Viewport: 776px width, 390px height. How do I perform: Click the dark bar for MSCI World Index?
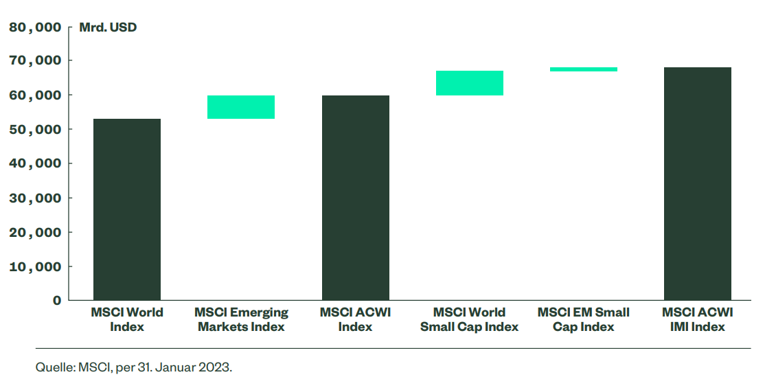pos(127,209)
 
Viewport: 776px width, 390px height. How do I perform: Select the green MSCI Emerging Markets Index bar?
pos(241,107)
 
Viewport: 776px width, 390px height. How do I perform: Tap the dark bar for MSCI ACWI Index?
pos(356,198)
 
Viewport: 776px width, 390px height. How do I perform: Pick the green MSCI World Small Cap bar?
pos(470,83)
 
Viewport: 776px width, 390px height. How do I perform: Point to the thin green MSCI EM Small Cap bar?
pos(584,69)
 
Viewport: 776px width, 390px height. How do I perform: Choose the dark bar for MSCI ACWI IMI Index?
pos(698,183)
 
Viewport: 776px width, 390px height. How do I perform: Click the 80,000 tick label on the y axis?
pos(35,27)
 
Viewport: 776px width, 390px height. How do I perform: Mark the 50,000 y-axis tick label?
pos(35,129)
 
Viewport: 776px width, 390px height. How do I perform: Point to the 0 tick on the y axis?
pos(57,300)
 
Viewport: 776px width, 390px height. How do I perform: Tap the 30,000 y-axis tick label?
pos(35,198)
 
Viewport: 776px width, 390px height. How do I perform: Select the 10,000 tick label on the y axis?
pos(35,266)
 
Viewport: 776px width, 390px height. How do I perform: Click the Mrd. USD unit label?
pos(108,28)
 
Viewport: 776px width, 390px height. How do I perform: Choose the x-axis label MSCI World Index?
pos(127,319)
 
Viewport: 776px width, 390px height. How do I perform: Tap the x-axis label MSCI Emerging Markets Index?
pos(241,319)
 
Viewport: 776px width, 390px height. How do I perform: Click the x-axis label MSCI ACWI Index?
pos(356,319)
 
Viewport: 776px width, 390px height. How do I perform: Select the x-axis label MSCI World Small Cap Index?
pos(470,319)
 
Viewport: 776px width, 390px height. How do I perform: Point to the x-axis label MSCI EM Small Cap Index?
pos(584,319)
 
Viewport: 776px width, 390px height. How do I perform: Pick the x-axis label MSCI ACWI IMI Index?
pos(698,319)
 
